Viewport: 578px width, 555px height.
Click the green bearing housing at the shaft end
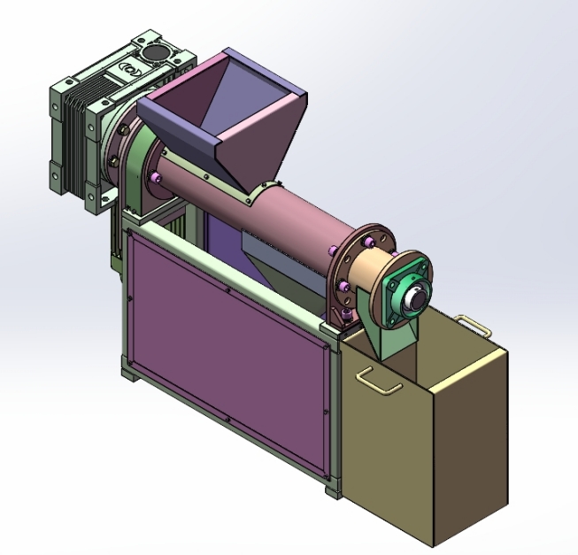pyautogui.click(x=400, y=282)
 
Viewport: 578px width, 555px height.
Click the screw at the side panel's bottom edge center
pyautogui.click(x=228, y=420)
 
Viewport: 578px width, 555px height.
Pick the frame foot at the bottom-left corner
pyautogui.click(x=128, y=376)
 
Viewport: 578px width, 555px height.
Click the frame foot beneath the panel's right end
pyautogui.click(x=332, y=489)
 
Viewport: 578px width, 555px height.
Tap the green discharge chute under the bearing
pyautogui.click(x=390, y=336)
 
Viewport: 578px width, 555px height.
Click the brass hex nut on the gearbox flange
pyautogui.click(x=113, y=160)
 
